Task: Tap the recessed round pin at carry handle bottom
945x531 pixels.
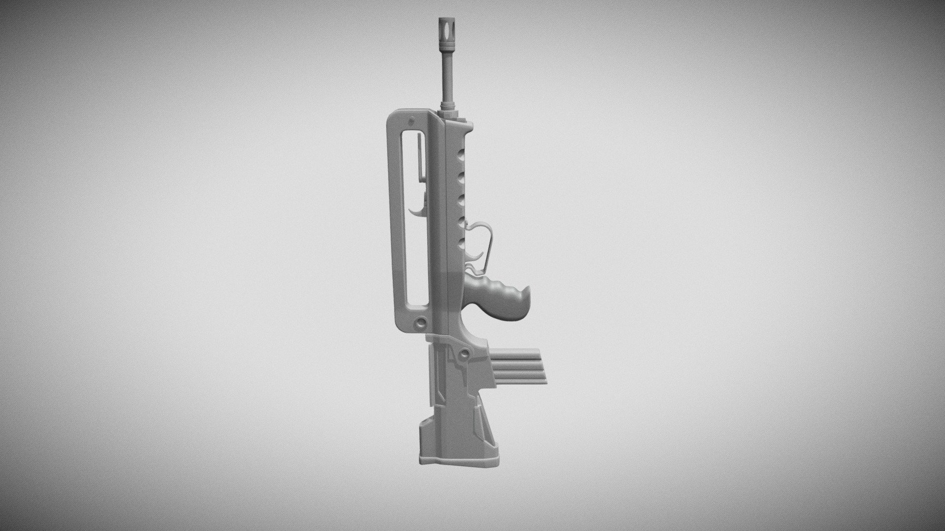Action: [421, 322]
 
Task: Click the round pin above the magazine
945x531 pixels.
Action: [464, 354]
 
